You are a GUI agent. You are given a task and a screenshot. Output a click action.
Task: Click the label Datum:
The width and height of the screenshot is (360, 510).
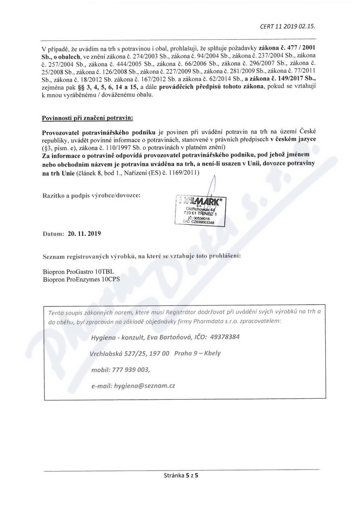(x=52, y=234)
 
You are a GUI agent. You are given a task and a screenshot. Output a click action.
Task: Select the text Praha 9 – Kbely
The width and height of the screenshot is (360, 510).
(x=198, y=353)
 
